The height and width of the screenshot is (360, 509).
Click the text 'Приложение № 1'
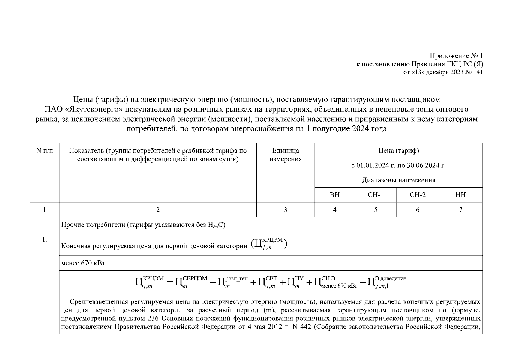[x=456, y=56]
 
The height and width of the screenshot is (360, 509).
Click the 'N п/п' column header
[x=44, y=151]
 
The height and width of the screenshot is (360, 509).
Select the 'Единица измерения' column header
[x=285, y=154]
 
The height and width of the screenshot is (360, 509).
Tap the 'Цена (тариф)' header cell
[x=398, y=151]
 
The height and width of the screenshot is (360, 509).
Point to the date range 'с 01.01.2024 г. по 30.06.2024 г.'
[x=398, y=165]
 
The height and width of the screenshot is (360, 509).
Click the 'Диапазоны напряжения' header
[x=398, y=180]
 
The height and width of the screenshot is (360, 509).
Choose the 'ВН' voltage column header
[x=334, y=195]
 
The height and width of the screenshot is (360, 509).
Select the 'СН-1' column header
[x=375, y=195]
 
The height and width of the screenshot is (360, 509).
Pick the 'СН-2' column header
[x=417, y=195]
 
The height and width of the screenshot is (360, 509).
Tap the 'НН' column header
[x=460, y=195]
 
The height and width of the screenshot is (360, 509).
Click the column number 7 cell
[x=460, y=210]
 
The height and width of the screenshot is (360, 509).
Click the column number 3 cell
[x=285, y=210]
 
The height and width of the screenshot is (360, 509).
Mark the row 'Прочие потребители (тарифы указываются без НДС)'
[x=143, y=225]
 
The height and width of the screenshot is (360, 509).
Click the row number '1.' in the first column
[x=44, y=240]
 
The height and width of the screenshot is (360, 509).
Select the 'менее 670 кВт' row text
[x=83, y=263]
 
